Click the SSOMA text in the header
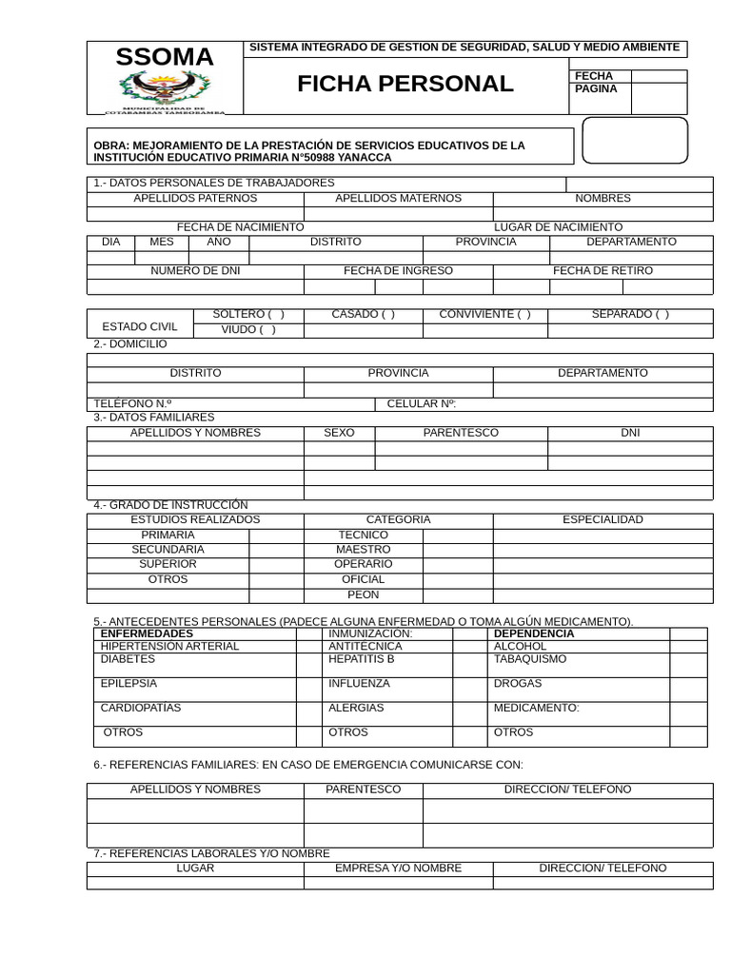(x=165, y=58)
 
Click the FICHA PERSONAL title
(x=405, y=84)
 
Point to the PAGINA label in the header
(x=596, y=89)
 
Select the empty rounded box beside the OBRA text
(x=634, y=141)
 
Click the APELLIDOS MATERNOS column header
(x=398, y=199)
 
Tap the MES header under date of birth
(x=162, y=243)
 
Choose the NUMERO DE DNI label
(x=195, y=271)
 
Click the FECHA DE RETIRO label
(x=603, y=271)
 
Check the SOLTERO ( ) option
(x=248, y=315)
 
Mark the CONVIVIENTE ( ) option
(x=484, y=315)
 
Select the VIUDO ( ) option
(x=248, y=330)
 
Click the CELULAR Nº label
(x=422, y=404)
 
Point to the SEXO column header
(x=339, y=433)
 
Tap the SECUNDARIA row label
(x=168, y=550)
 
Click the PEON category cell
(x=363, y=595)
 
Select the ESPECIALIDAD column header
(x=603, y=520)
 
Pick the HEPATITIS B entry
(x=361, y=659)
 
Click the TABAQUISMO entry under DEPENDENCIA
(x=529, y=659)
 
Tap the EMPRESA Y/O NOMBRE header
(x=398, y=868)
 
